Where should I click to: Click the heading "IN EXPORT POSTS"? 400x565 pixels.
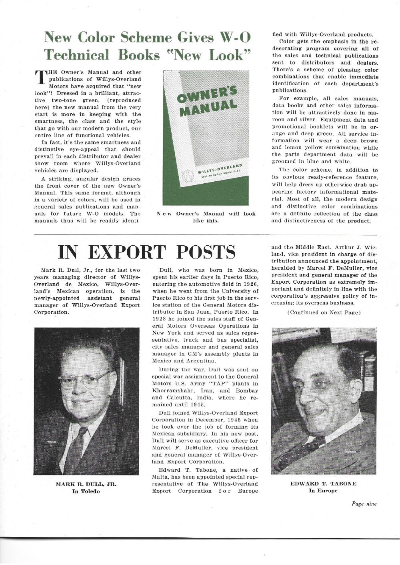(x=147, y=252)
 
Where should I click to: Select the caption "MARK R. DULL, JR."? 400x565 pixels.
(x=86, y=484)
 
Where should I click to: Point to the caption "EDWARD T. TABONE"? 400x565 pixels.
(x=323, y=484)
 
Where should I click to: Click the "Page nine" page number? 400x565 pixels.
(x=364, y=504)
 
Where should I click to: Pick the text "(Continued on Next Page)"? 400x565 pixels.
(x=324, y=313)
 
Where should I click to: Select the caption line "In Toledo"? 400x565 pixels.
(x=86, y=491)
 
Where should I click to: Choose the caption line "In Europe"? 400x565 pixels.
(x=323, y=491)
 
